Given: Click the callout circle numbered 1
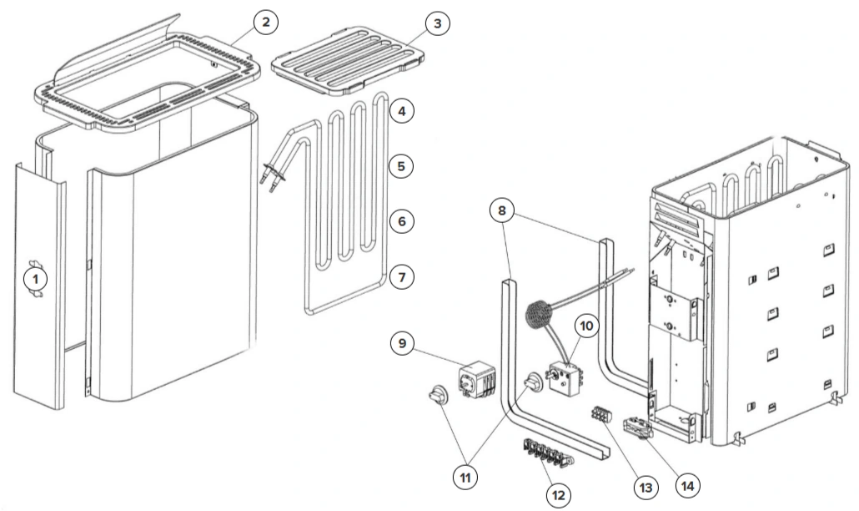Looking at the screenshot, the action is point(36,279).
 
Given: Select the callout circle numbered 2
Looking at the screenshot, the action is point(266,23).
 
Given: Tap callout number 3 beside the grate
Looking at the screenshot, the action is point(437,23).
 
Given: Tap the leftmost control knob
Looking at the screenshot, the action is point(439,395).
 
